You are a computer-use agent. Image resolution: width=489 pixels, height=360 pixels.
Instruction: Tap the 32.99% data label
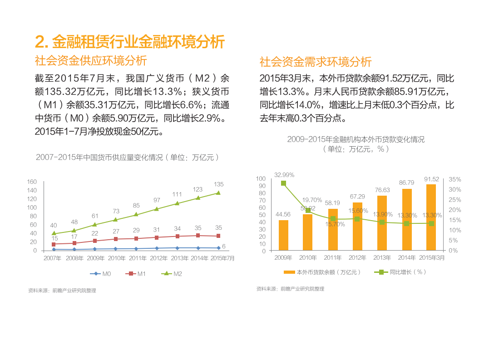click(x=284, y=174)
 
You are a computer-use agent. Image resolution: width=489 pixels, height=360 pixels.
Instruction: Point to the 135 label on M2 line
click(x=219, y=184)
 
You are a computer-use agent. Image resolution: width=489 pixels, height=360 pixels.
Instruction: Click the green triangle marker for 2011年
click(x=136, y=214)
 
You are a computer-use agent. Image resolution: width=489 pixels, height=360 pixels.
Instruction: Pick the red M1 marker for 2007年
click(x=54, y=244)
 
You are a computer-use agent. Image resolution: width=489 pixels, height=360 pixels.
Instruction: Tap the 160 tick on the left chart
click(x=32, y=182)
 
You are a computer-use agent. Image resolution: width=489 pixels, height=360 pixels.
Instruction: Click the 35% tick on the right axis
click(x=455, y=179)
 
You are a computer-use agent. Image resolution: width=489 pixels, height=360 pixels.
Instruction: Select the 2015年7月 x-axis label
click(x=222, y=258)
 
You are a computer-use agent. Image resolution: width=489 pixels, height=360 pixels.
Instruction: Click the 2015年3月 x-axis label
click(x=432, y=258)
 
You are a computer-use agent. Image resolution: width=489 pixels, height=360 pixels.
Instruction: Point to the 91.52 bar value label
click(x=432, y=179)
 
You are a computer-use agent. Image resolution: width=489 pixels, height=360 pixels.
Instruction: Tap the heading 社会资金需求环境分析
click(x=316, y=62)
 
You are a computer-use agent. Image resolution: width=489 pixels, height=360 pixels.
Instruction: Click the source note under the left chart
click(x=62, y=291)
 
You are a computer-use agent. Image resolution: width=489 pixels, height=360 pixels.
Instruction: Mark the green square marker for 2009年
click(x=283, y=183)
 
